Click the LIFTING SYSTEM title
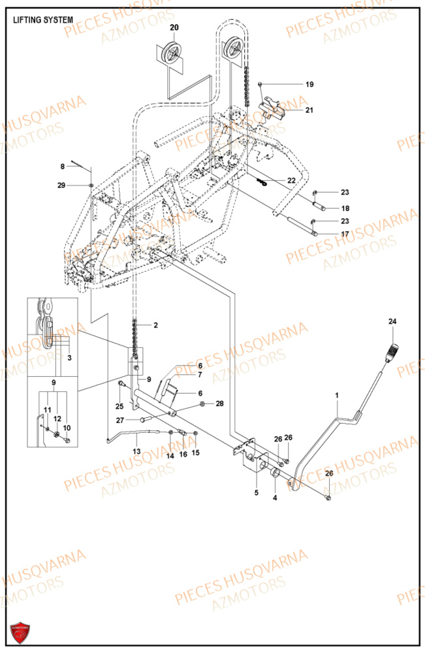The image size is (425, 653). pyautogui.click(x=43, y=20)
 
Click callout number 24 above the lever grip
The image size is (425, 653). pyautogui.click(x=392, y=321)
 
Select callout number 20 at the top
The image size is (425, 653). pyautogui.click(x=174, y=27)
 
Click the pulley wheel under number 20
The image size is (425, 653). pyautogui.click(x=174, y=52)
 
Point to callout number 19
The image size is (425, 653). pyautogui.click(x=309, y=84)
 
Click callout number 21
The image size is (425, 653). pyautogui.click(x=309, y=110)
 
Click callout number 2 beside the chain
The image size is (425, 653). pyautogui.click(x=155, y=325)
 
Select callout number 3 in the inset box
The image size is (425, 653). pyautogui.click(x=70, y=358)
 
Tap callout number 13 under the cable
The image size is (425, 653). pyautogui.click(x=136, y=451)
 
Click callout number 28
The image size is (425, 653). pyautogui.click(x=219, y=404)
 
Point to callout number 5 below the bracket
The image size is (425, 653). pyautogui.click(x=257, y=491)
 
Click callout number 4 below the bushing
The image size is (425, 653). pyautogui.click(x=275, y=498)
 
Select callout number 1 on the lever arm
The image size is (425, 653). pyautogui.click(x=337, y=395)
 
